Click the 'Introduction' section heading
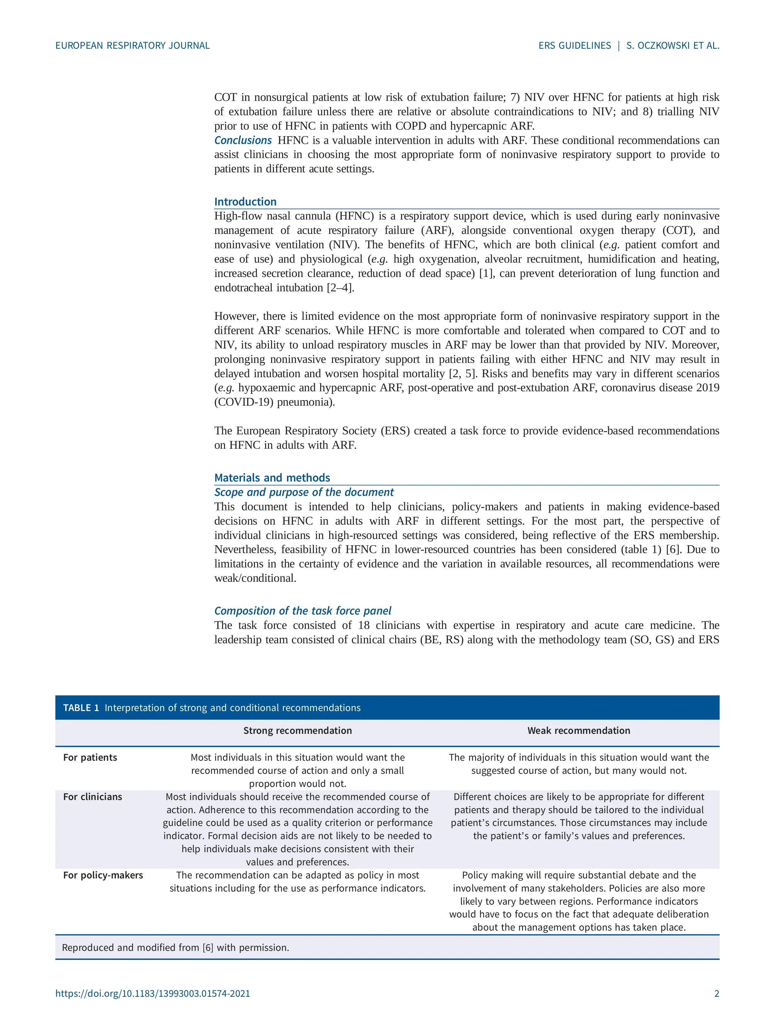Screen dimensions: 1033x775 [x=245, y=202]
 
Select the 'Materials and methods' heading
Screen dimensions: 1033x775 [x=272, y=478]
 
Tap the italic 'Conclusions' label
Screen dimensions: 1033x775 [x=243, y=140]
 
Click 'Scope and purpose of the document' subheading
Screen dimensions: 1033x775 [x=304, y=492]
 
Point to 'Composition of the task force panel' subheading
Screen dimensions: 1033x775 [x=303, y=611]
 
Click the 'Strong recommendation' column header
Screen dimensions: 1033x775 [x=298, y=731]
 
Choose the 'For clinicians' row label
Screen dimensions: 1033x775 [x=92, y=797]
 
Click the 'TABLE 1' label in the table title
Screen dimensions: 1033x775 [x=81, y=708]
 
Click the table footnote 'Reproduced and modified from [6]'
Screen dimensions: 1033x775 [x=175, y=947]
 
